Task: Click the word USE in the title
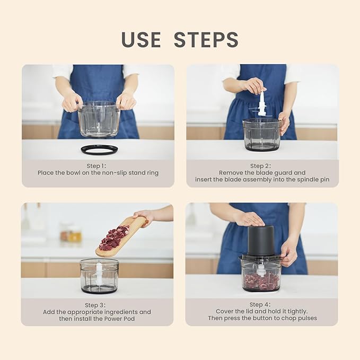[x=142, y=40]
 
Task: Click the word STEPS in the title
[x=206, y=40]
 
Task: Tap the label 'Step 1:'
[x=98, y=165]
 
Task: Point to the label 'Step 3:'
[x=97, y=305]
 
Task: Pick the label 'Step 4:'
[x=262, y=304]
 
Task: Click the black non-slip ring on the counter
[x=99, y=150]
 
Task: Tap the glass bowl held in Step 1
[x=99, y=119]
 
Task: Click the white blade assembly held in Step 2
[x=262, y=104]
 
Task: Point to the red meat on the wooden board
[x=115, y=238]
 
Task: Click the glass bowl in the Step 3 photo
[x=99, y=276]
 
